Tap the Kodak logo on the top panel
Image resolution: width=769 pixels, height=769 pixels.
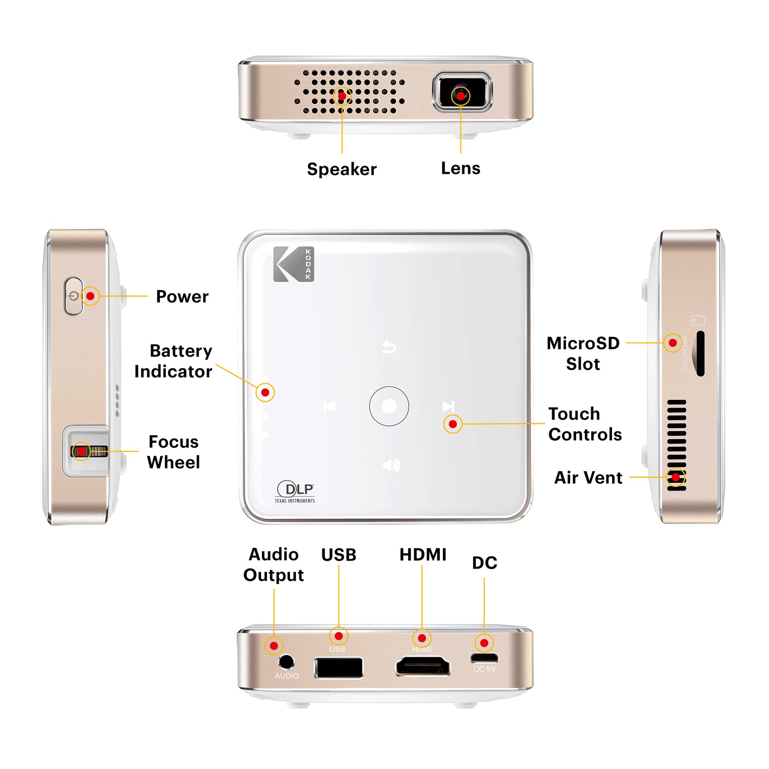pos(293,264)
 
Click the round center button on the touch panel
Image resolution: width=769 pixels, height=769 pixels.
pos(389,406)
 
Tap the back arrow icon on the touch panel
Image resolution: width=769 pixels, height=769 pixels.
pos(389,348)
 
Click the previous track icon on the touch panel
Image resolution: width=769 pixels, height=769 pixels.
pos(330,407)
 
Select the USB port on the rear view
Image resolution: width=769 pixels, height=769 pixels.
pos(338,667)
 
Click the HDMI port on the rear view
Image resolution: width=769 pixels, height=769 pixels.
pos(422,667)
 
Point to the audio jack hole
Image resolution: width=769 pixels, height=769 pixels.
pos(286,662)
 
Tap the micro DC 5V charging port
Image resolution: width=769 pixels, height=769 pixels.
pos(484,658)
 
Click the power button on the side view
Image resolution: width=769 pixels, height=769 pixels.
pos(73,296)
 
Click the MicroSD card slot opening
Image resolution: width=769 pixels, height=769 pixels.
pos(700,354)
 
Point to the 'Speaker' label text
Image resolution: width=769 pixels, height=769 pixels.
pos(341,169)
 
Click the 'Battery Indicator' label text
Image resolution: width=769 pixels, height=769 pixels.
pos(174,361)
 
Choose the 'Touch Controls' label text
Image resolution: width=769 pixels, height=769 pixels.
pos(584,424)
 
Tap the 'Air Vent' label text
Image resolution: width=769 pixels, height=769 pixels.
pos(588,477)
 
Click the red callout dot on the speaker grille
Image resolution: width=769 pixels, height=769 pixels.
pos(342,96)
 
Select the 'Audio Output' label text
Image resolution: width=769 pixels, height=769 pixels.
pos(274,564)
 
